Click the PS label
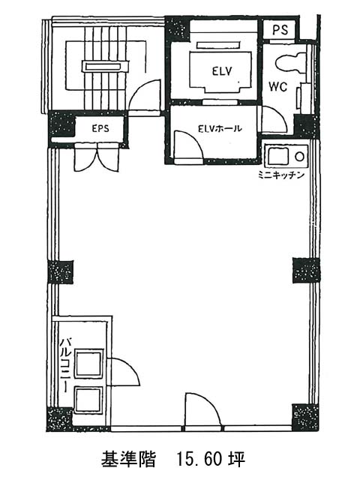[x=280, y=30]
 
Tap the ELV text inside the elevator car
[x=222, y=71]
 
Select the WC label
[x=277, y=87]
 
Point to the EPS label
[x=100, y=128]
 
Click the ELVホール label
[x=220, y=128]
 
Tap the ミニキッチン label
[x=281, y=175]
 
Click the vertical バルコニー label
[x=65, y=364]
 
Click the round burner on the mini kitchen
[x=299, y=157]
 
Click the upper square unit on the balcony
[x=88, y=364]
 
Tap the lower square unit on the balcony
[x=88, y=400]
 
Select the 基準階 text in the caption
[x=128, y=460]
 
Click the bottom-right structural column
[x=306, y=417]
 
